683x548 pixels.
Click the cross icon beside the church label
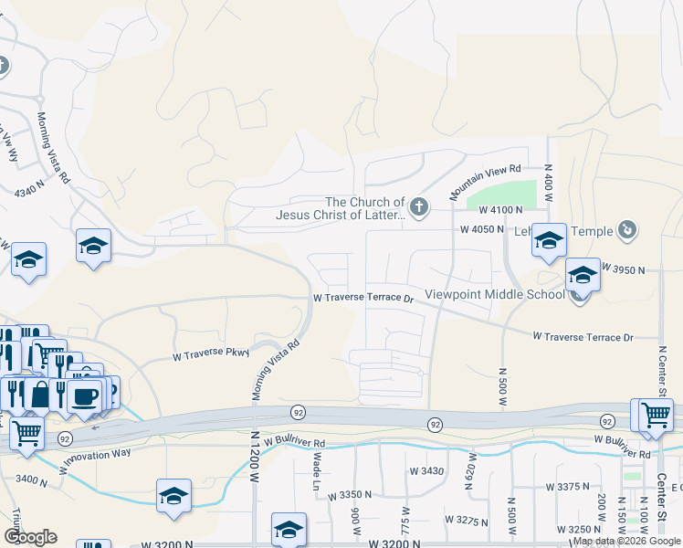pos(419,207)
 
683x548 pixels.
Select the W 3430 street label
pos(426,470)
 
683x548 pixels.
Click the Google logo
pos(30,536)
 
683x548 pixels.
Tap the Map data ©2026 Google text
pos(626,541)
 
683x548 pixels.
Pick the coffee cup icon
pos(84,397)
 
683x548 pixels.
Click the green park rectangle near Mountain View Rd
pos(500,195)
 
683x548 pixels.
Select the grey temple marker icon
pos(627,230)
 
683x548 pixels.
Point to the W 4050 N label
pos(482,230)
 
